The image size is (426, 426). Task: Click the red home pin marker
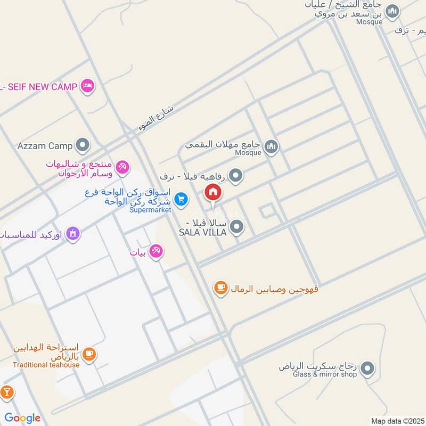[x=213, y=193]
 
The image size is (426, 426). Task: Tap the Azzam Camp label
[x=45, y=145]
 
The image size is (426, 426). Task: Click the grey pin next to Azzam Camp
[x=83, y=145]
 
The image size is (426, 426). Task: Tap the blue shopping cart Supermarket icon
[x=182, y=199]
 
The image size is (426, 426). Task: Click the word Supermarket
[x=150, y=210]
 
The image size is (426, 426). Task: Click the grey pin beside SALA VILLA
[x=237, y=227]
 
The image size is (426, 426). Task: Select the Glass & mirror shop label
[x=317, y=374]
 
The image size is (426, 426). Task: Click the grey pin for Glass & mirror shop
[x=367, y=368]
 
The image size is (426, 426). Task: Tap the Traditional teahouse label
[x=46, y=365]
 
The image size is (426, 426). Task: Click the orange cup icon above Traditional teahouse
[x=89, y=354]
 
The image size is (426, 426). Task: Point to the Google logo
[x=22, y=418]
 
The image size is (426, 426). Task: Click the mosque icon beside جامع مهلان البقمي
[x=272, y=145]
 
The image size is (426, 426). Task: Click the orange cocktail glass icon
[x=7, y=393]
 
